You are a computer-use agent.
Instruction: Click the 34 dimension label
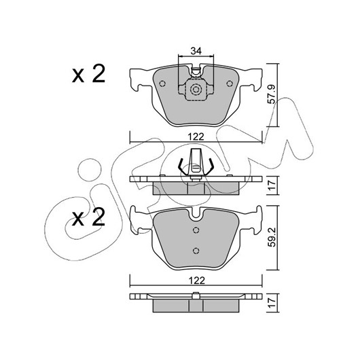pos(196,51)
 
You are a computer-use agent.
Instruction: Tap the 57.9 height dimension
pos(272,94)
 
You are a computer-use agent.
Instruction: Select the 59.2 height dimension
pos(272,237)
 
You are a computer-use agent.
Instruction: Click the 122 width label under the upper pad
pos(196,137)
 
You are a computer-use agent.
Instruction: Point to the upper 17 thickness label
pos(272,185)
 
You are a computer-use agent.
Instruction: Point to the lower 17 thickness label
pos(272,302)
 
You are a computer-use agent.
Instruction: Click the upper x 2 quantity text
pos(88,74)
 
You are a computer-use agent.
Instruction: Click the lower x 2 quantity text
pos(88,217)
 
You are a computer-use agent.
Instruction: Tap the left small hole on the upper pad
pos(162,84)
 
